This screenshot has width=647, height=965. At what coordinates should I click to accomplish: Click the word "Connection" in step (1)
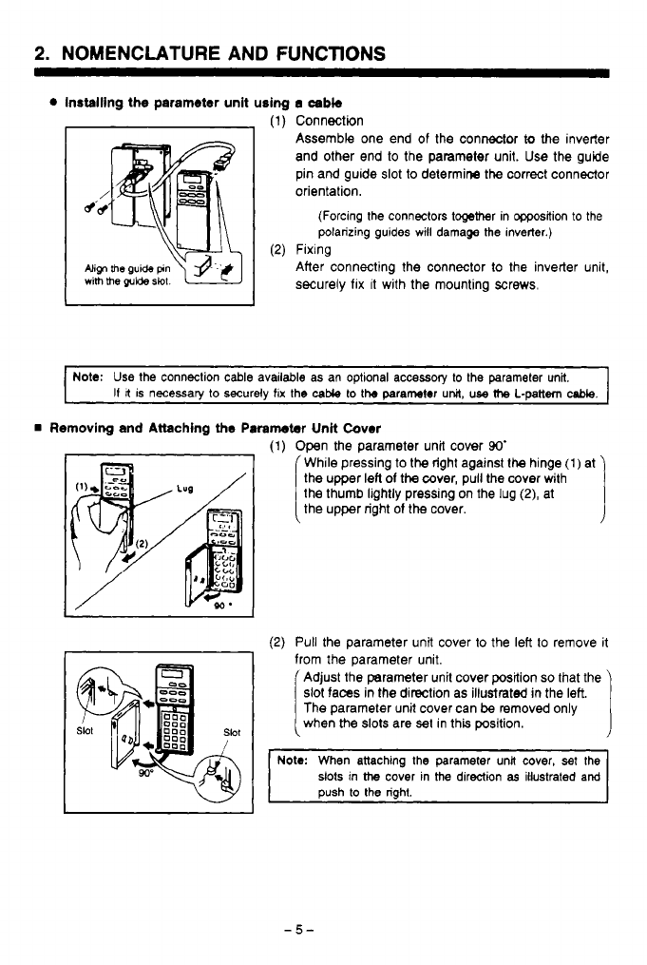(329, 121)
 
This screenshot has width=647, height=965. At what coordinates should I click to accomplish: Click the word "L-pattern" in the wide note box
(540, 392)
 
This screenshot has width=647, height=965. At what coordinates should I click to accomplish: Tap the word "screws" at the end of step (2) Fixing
(514, 284)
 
